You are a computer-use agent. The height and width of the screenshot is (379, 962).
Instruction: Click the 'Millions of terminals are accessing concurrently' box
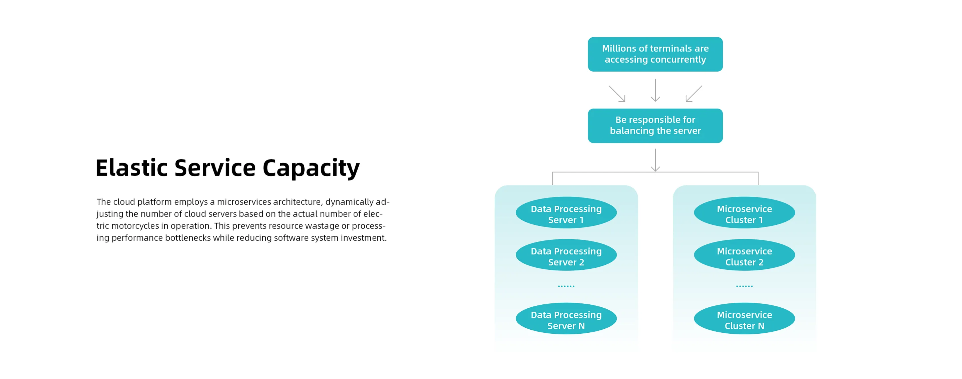[x=655, y=54]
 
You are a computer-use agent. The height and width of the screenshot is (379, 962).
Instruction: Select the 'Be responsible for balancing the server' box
[x=655, y=125]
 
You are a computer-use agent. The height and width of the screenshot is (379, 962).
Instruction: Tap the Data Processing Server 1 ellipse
[x=566, y=212]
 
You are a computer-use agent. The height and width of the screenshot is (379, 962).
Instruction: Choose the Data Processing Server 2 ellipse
[x=566, y=255]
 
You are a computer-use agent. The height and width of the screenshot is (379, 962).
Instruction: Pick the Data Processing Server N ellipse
[x=566, y=319]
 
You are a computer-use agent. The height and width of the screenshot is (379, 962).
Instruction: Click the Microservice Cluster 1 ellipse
[x=744, y=212]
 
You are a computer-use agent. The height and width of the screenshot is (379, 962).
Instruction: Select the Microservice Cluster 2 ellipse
[x=744, y=255]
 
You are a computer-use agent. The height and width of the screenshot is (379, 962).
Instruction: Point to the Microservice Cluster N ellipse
[x=744, y=319]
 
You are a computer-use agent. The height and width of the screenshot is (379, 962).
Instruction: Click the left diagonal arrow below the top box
[x=617, y=94]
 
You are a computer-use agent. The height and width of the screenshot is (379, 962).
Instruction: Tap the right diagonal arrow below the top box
[x=693, y=94]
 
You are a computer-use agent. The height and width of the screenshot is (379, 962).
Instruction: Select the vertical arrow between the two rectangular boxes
[x=655, y=90]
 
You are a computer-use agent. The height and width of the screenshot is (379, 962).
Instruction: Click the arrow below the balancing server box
[x=655, y=160]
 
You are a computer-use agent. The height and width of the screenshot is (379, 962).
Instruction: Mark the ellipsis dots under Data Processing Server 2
[x=566, y=286]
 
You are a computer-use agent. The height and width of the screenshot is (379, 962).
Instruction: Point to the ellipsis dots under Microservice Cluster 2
[x=744, y=286]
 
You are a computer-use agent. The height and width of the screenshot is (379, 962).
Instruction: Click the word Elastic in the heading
[x=131, y=168]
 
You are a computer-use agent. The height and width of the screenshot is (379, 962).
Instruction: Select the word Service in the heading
[x=215, y=168]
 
